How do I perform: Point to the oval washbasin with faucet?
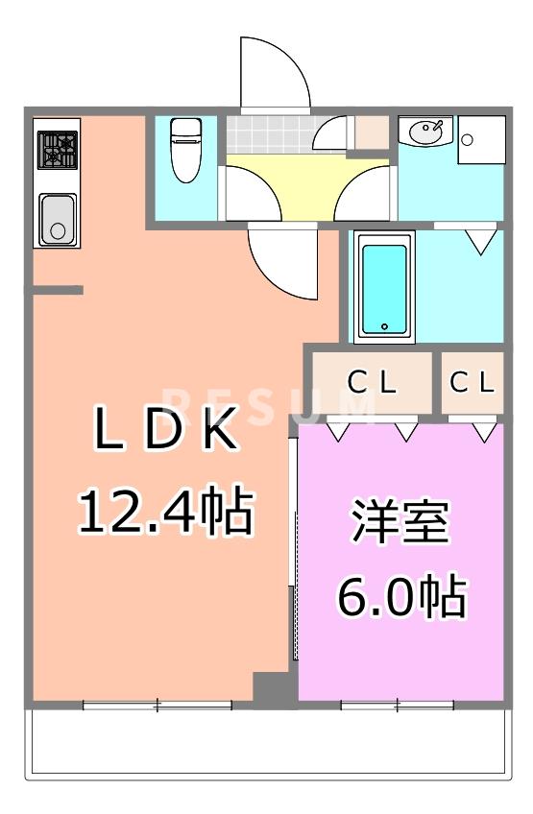click(x=425, y=131)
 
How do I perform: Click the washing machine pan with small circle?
click(x=480, y=141)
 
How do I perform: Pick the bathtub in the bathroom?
click(x=384, y=287)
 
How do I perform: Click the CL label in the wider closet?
click(x=371, y=383)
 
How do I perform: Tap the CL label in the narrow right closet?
click(x=472, y=383)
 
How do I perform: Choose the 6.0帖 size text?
click(x=400, y=597)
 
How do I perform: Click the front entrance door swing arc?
click(x=275, y=72)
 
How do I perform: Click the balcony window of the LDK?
click(x=157, y=706)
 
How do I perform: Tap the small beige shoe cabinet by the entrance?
click(x=371, y=132)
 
